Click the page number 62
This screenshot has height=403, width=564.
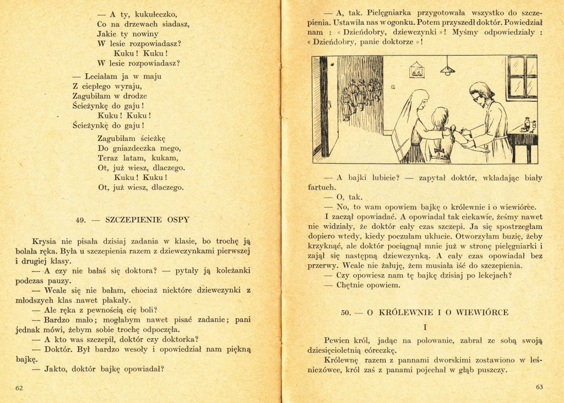[19, 388]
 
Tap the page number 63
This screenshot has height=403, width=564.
[539, 386]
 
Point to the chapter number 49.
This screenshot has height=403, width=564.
[81, 220]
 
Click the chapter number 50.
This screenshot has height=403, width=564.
[346, 312]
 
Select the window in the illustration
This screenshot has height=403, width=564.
[522, 77]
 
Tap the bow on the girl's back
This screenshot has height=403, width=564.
[439, 150]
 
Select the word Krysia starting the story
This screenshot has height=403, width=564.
[44, 241]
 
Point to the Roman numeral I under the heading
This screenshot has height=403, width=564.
[425, 327]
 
